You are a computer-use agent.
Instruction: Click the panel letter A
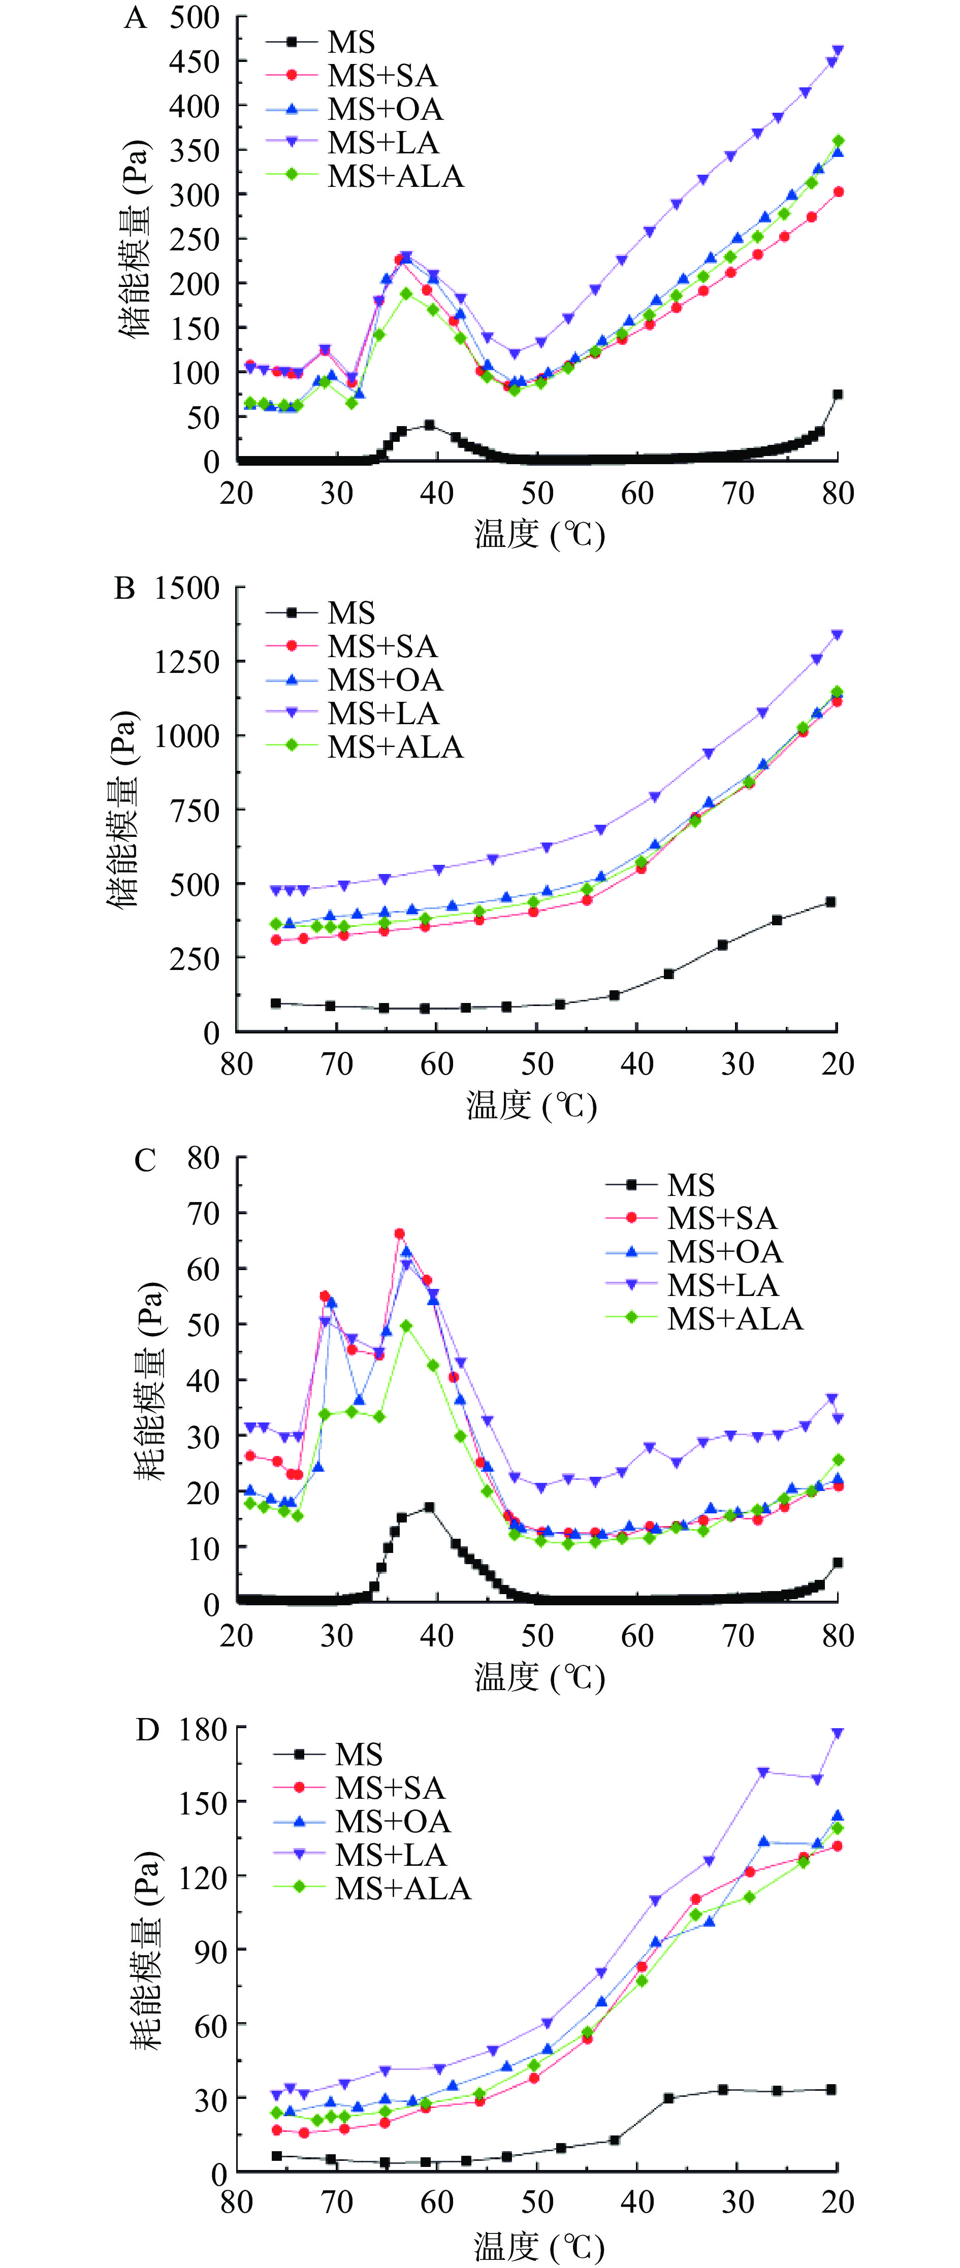pos(135,18)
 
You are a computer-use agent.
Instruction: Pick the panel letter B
pos(125,588)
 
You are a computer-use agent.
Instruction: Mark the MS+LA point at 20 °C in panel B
pos(837,634)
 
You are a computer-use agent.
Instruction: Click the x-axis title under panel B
pos(532,1105)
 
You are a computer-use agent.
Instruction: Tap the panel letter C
pos(145,1160)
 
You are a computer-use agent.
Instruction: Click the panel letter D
pos(147,1730)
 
